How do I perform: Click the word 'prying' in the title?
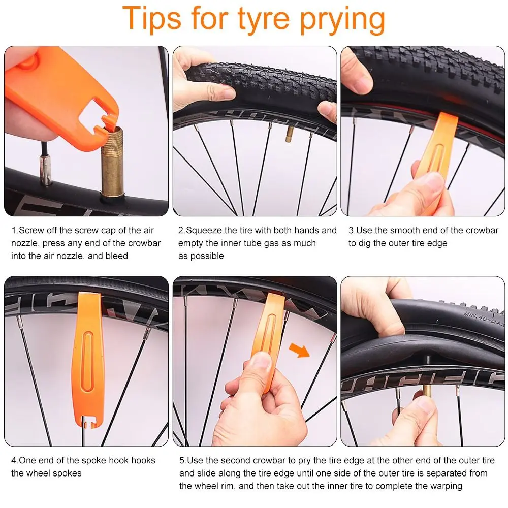coord(342,20)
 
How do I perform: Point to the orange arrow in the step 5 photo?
coord(299,350)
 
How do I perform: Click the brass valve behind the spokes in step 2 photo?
coord(290,134)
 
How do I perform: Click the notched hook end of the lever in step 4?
coord(88,422)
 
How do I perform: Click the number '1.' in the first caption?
coord(15,230)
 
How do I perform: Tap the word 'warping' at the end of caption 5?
coord(446,486)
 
